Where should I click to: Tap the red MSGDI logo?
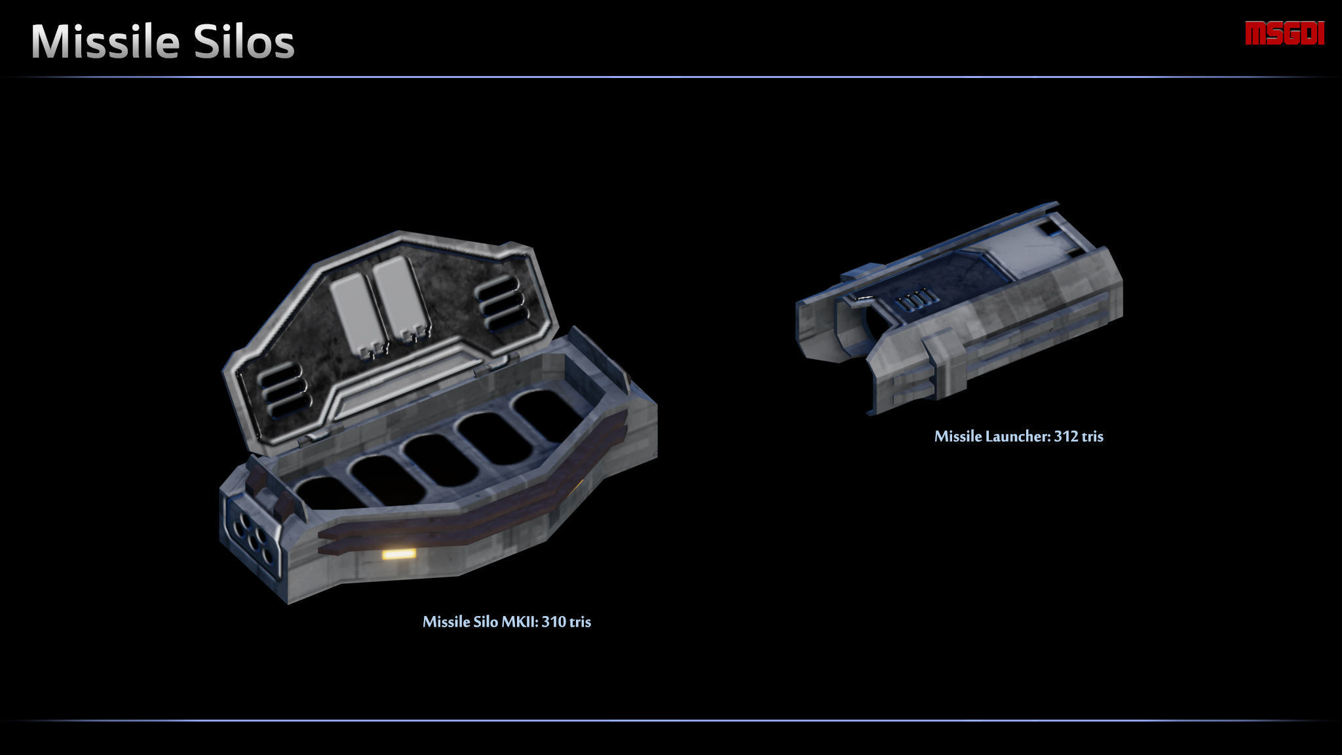coord(1284,33)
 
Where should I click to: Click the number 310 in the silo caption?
coord(554,621)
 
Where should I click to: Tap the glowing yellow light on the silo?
coord(398,554)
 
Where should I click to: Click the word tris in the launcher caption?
coord(1092,436)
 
